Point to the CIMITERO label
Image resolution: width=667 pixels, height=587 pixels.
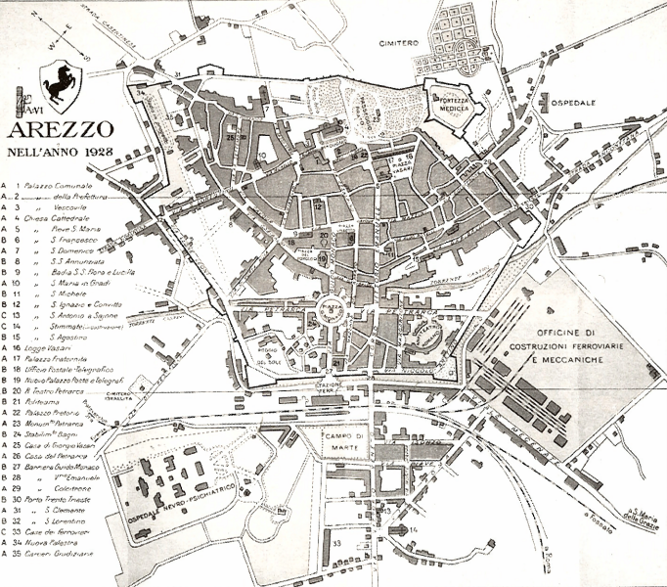(400, 44)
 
